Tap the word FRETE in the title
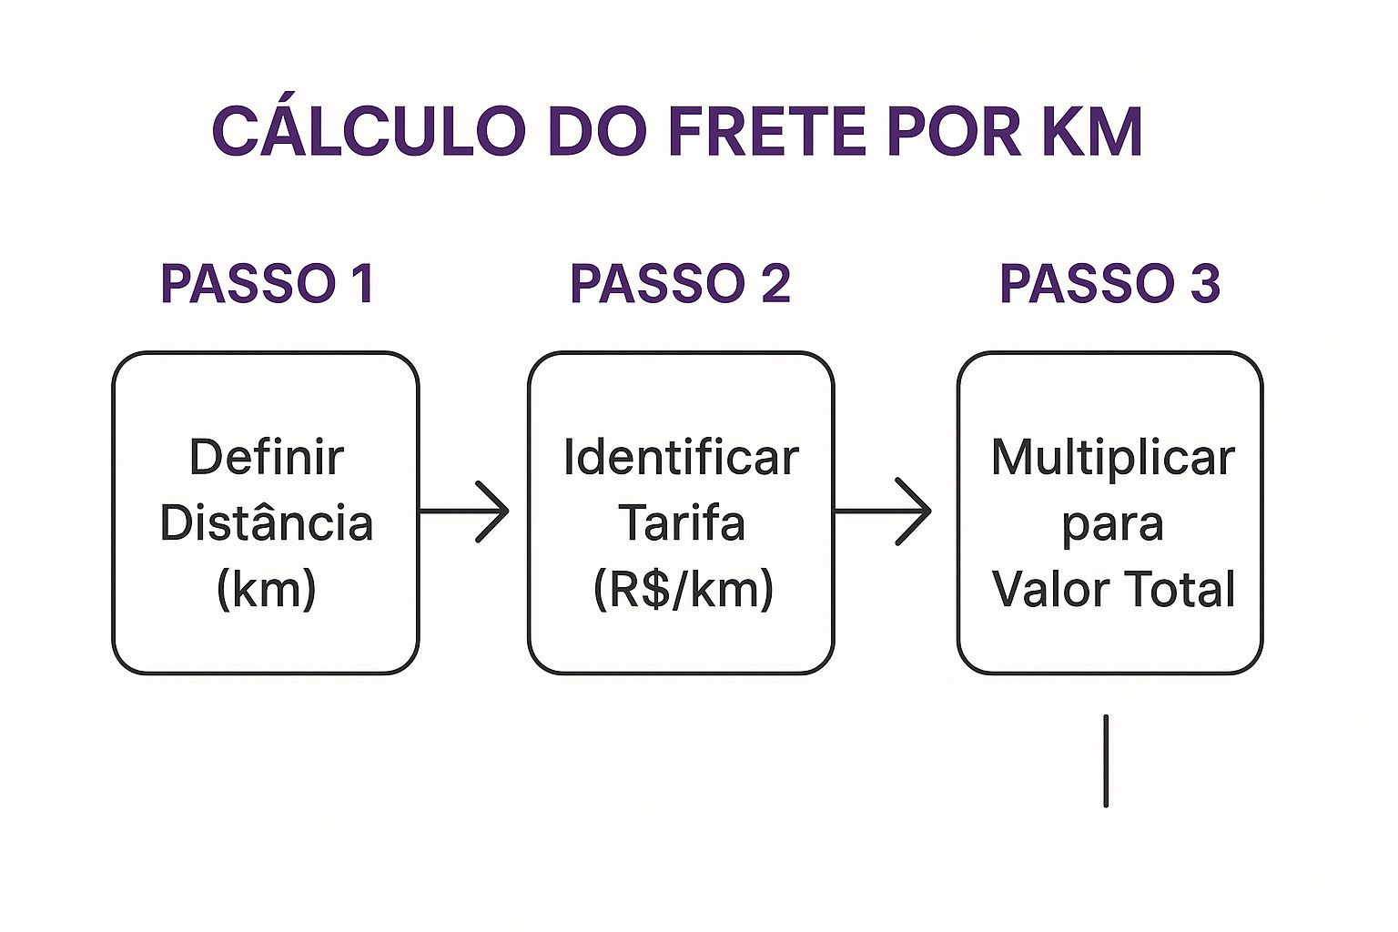(766, 131)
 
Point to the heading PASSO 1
(267, 283)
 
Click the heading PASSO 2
(680, 283)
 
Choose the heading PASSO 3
(1109, 283)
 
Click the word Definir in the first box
(267, 457)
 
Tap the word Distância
(267, 522)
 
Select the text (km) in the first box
(267, 589)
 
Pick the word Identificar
(681, 457)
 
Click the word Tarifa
(681, 522)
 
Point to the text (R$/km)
(683, 589)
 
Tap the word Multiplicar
(1112, 457)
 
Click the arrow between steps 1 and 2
(464, 512)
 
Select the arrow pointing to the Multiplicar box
(884, 512)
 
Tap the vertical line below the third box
(1106, 761)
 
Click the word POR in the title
(954, 131)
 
